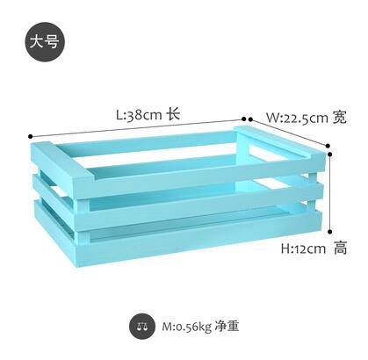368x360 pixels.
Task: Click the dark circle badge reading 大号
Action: pyautogui.click(x=45, y=41)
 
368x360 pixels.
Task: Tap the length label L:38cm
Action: pyautogui.click(x=139, y=114)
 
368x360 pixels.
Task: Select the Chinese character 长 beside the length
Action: pyautogui.click(x=173, y=113)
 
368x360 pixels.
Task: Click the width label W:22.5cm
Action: pyautogui.click(x=297, y=118)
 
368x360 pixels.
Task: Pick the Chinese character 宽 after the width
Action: pyautogui.click(x=339, y=118)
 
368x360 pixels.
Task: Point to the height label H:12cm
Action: pyautogui.click(x=303, y=248)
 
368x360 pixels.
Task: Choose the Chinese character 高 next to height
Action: pyautogui.click(x=340, y=248)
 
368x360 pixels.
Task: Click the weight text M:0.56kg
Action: pyautogui.click(x=187, y=327)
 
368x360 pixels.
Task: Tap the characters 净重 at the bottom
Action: pyautogui.click(x=227, y=326)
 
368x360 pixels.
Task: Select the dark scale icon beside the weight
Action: pyautogui.click(x=142, y=327)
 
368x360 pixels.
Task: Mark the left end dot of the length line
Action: pyautogui.click(x=30, y=136)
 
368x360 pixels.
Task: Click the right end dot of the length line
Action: pyautogui.click(x=244, y=119)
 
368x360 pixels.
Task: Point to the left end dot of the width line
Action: pyautogui.click(x=250, y=119)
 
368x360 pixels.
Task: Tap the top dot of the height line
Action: pyautogui.click(x=330, y=154)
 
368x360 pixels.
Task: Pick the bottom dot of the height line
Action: pyautogui.click(x=330, y=232)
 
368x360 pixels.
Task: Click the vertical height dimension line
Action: pyautogui.click(x=330, y=192)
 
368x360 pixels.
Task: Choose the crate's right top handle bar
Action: pyautogui.click(x=279, y=141)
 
